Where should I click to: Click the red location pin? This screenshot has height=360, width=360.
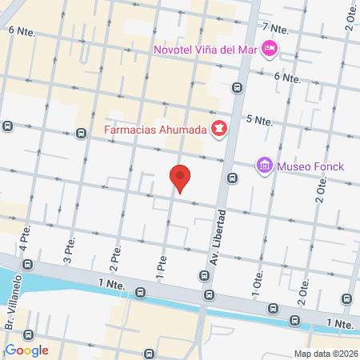181,178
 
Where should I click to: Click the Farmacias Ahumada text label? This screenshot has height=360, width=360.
155,129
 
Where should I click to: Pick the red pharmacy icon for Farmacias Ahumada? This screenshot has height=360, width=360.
218,128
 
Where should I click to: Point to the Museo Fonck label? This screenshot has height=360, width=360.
310,166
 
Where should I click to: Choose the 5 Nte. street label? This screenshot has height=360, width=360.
260,120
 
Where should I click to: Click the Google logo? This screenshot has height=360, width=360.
26,350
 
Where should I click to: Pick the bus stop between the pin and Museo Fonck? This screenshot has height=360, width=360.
232,178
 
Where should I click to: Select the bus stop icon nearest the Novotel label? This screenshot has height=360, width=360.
237,87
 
